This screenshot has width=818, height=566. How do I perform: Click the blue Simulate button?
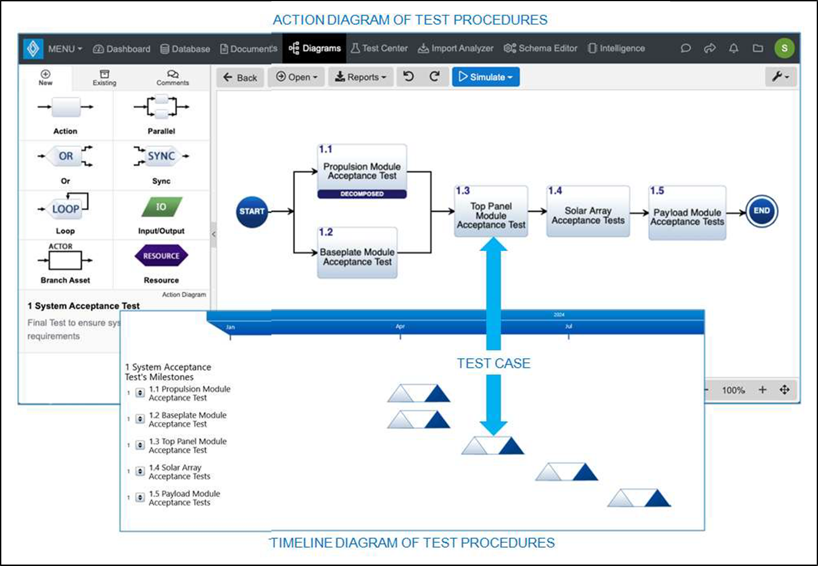click(x=485, y=77)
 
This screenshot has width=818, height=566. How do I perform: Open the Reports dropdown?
click(x=360, y=77)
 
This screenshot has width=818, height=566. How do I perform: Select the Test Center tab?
click(x=379, y=48)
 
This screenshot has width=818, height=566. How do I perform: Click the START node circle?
click(x=252, y=212)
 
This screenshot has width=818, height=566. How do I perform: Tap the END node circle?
click(x=761, y=211)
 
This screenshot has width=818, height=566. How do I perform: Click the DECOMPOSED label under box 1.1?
click(x=362, y=194)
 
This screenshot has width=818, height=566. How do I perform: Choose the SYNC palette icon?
click(x=161, y=156)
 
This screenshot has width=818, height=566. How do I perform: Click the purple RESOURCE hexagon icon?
click(x=161, y=256)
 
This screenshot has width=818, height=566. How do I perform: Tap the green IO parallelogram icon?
click(x=161, y=207)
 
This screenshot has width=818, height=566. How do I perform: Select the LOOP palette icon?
click(x=65, y=209)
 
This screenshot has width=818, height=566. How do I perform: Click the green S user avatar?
click(x=784, y=48)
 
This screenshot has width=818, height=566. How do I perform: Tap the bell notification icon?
click(x=734, y=48)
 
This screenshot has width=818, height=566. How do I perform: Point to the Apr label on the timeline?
click(x=400, y=327)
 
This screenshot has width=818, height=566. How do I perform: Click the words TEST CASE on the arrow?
click(x=493, y=364)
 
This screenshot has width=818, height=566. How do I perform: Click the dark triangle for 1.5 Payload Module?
click(x=658, y=499)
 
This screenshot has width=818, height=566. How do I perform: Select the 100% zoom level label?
click(x=733, y=390)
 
